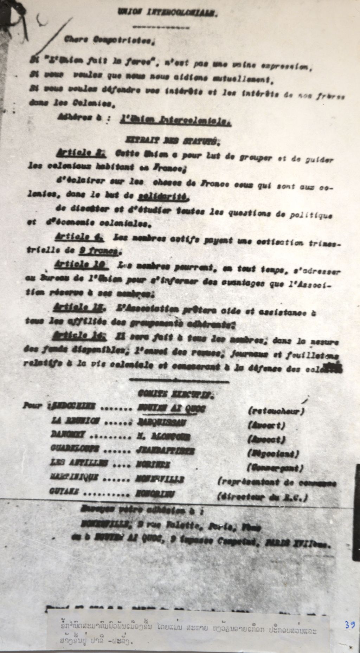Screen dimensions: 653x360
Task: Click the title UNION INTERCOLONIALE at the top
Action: click(x=168, y=13)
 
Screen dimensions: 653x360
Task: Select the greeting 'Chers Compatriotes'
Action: click(x=109, y=41)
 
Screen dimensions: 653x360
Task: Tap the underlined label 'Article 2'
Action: click(x=79, y=154)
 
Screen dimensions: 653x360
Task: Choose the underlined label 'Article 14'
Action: click(x=78, y=336)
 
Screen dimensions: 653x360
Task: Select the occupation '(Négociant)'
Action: click(x=273, y=454)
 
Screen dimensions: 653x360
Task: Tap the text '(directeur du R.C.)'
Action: click(x=263, y=497)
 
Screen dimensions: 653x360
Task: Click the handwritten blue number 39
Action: click(x=349, y=625)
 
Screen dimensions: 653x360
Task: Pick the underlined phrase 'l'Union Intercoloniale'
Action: click(x=175, y=120)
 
